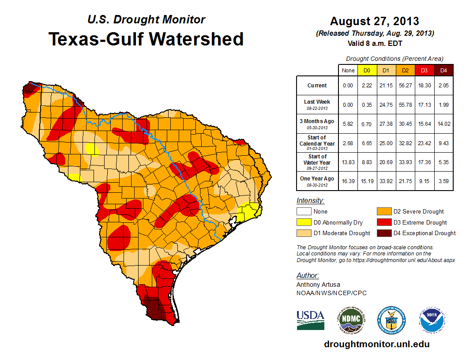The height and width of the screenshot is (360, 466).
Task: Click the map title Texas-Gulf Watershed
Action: tap(146, 39)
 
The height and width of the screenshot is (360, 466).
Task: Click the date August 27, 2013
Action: tap(375, 21)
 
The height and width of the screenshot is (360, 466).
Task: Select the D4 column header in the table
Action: tap(443, 70)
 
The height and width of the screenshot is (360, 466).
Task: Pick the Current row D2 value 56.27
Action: tap(405, 86)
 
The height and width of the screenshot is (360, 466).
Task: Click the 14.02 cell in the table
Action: tap(443, 124)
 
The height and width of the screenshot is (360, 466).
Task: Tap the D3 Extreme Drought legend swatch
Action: tap(383, 222)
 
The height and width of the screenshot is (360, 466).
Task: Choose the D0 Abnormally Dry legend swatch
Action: tap(303, 222)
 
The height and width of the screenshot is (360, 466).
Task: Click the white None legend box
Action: tap(303, 211)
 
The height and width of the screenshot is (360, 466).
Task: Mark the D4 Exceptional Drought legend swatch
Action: tap(383, 233)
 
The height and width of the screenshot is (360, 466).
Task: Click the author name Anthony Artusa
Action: tap(318, 285)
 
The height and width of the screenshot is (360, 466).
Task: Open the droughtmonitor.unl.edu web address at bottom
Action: tap(376, 344)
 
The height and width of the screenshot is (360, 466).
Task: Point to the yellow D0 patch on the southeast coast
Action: tap(247, 211)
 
